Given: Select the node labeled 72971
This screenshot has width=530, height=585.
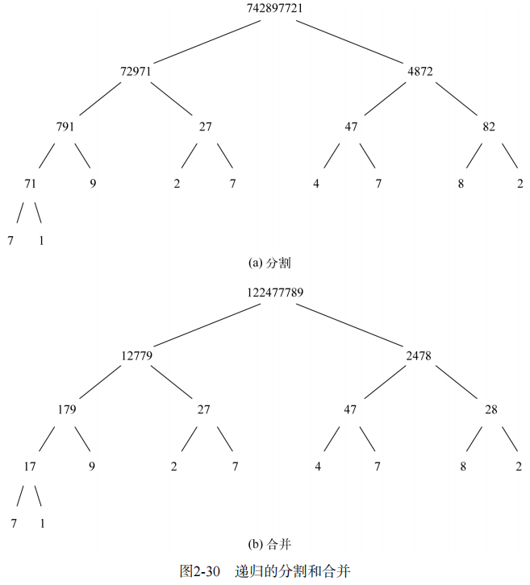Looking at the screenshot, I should [136, 71].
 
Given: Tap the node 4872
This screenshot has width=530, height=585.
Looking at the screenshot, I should [420, 71].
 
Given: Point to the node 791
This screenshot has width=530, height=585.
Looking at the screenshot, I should [65, 127].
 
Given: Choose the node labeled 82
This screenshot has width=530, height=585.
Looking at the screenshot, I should [489, 127].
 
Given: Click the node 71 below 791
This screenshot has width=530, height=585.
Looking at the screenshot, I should [30, 184].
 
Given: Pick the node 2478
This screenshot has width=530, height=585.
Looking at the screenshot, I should [420, 355].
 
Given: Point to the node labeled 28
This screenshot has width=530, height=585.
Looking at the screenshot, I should [491, 410].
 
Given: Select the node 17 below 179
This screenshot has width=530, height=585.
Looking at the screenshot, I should [30, 467].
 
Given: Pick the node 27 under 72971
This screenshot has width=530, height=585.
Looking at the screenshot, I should [205, 127].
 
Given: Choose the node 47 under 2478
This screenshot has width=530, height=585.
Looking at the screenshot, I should [350, 410].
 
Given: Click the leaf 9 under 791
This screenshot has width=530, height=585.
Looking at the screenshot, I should [93, 184].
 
